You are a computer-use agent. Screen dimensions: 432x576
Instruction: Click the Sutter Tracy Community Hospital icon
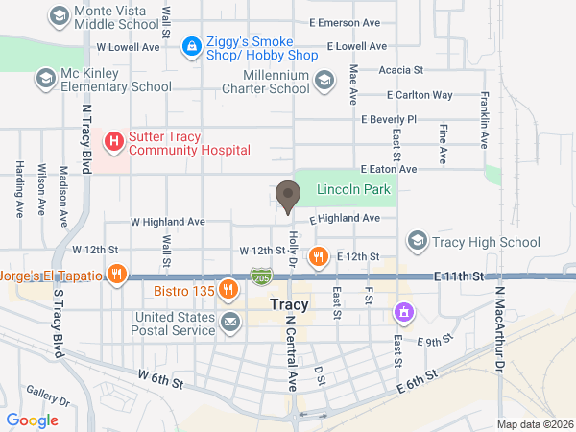114,143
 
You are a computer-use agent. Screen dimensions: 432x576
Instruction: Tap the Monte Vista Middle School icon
60,16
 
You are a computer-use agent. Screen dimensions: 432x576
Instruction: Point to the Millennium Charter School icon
324,81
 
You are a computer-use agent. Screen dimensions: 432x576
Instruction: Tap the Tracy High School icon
417,240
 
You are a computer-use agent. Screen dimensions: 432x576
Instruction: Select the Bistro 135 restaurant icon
228,289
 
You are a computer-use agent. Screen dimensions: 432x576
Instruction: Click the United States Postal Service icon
229,322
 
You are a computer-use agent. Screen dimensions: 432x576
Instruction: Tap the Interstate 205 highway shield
261,276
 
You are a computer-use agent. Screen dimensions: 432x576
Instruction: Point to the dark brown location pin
287,198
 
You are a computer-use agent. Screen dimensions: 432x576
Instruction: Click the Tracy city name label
289,306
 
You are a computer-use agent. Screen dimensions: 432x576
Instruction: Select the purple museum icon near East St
405,312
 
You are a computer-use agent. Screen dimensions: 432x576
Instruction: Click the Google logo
33,420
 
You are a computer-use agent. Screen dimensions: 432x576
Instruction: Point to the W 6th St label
160,379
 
